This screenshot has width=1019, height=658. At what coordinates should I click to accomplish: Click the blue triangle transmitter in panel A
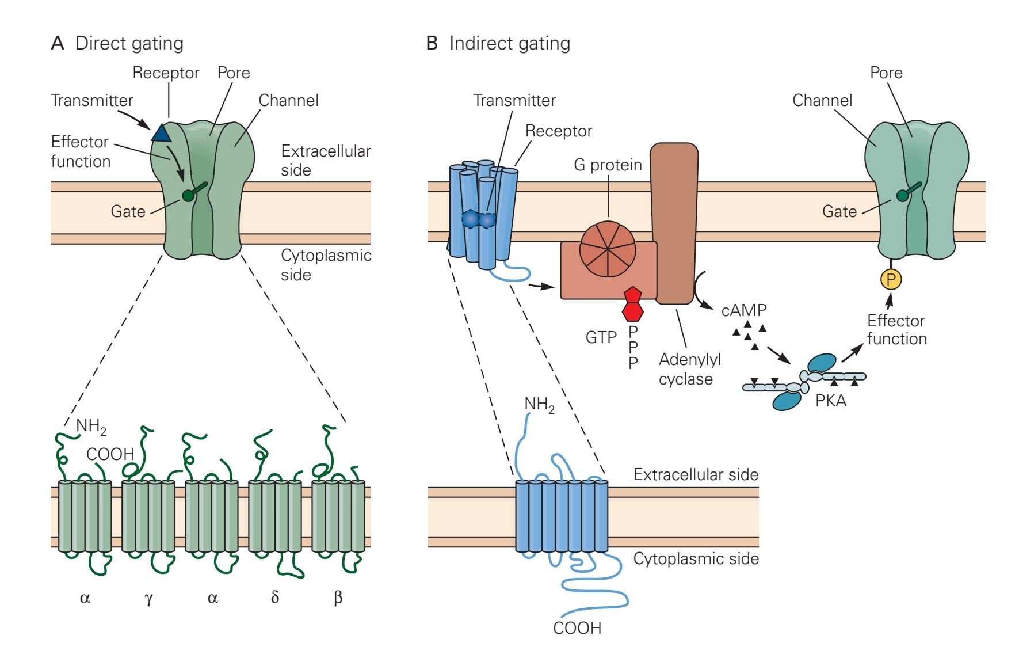[x=162, y=132]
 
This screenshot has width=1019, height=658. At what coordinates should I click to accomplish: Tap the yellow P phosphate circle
[x=891, y=280]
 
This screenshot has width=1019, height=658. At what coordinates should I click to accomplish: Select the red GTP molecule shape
[x=633, y=303]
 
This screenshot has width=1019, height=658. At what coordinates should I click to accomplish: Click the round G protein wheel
[x=608, y=249]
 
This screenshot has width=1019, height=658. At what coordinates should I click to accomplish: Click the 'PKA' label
[x=831, y=401]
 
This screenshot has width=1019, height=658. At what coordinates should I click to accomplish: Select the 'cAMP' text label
[x=744, y=310]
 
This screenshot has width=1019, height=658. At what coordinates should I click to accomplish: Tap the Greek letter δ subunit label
[x=275, y=597]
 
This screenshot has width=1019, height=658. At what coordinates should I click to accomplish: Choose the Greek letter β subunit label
[x=338, y=598]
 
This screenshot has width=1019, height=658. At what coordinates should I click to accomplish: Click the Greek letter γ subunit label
[x=148, y=598]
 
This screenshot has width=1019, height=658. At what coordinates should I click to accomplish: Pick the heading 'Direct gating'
[x=129, y=43]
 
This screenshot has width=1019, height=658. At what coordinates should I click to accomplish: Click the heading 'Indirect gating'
[x=509, y=43]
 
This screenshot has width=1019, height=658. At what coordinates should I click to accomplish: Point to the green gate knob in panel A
[x=188, y=196]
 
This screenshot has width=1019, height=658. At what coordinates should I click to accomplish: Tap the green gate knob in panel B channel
[x=902, y=196]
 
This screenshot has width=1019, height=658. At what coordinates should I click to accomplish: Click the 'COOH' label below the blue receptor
[x=577, y=627]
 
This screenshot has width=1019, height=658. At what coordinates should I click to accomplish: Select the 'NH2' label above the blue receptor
[x=539, y=405]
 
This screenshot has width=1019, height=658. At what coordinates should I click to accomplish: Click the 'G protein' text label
[x=608, y=165]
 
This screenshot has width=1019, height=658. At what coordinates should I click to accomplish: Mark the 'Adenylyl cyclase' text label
[x=689, y=369]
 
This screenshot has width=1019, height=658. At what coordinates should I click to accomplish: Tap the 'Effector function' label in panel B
[x=896, y=329]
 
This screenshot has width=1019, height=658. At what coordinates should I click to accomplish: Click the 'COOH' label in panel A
[x=110, y=454]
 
